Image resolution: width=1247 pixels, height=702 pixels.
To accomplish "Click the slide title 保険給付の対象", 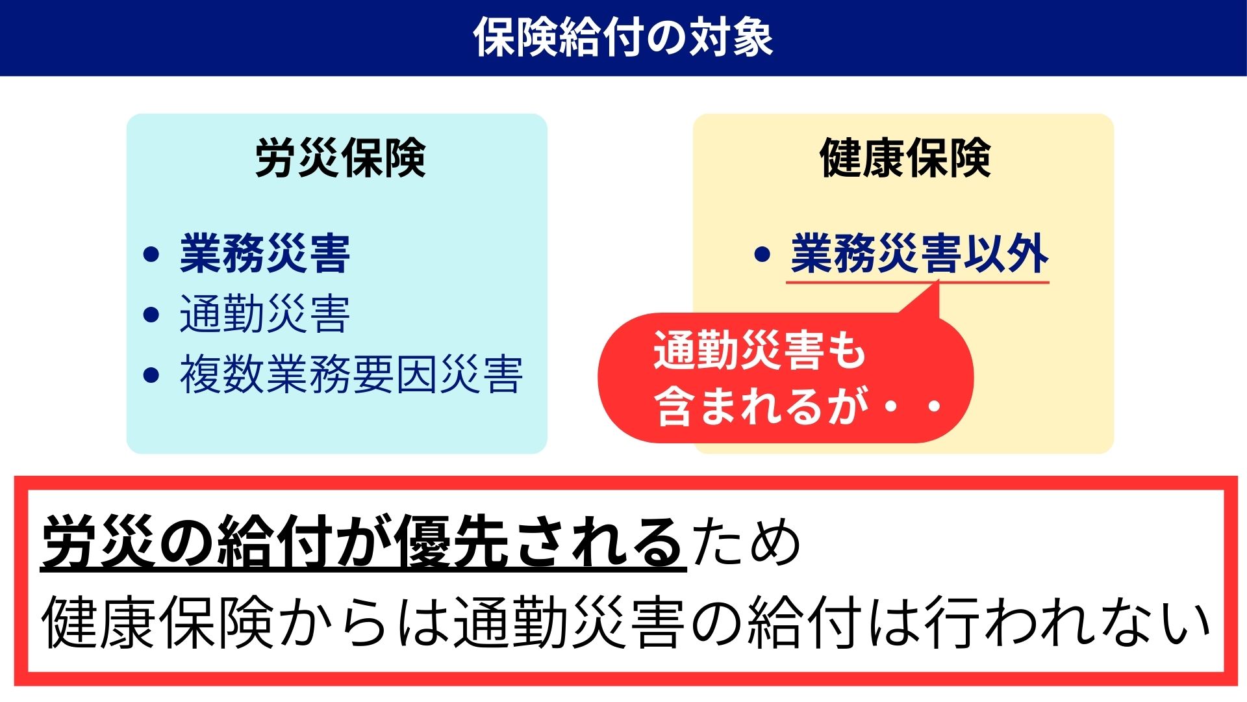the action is click(623, 37).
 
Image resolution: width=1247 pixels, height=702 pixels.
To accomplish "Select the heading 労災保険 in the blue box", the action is click(340, 158).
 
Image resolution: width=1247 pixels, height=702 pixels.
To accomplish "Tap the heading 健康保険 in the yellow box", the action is click(905, 158).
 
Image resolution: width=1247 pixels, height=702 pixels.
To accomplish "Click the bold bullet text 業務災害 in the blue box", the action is click(265, 253).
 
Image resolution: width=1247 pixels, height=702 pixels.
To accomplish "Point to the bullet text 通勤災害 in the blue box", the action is click(265, 314).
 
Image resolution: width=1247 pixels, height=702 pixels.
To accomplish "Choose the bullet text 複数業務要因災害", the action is click(351, 374).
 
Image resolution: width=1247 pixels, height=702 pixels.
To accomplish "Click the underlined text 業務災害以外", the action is click(919, 253).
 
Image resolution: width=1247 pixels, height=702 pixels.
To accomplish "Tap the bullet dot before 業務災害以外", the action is click(762, 254).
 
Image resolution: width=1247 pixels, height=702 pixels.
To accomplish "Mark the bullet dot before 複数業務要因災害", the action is click(151, 375).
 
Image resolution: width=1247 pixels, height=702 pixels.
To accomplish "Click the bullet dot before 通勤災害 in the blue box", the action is click(151, 315).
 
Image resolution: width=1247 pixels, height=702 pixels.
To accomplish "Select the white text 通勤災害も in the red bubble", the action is click(760, 350).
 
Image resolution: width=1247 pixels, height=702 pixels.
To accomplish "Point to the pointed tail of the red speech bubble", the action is click(938, 281).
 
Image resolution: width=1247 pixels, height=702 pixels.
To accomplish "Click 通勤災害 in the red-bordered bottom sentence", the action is click(569, 622).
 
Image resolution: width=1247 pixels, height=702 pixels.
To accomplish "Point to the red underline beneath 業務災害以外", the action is click(918, 283).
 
